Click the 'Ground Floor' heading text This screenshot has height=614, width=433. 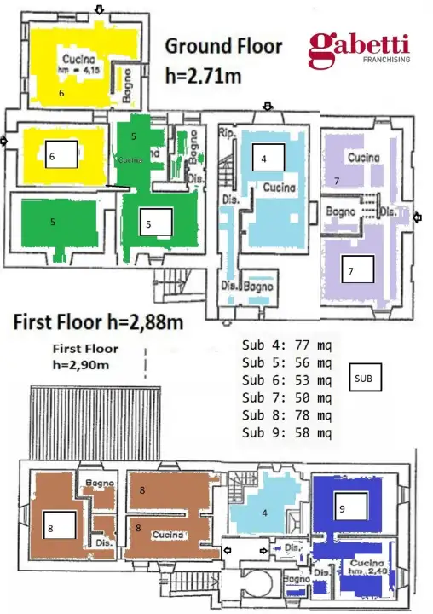point(223,46)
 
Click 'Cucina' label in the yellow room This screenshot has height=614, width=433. point(75,59)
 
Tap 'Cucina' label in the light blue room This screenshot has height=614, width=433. point(279,187)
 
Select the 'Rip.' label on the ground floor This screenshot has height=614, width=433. point(225,133)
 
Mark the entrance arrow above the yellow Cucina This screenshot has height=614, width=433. point(100,9)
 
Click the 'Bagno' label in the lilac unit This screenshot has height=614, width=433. point(340,209)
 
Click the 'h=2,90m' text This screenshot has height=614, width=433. point(85,365)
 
